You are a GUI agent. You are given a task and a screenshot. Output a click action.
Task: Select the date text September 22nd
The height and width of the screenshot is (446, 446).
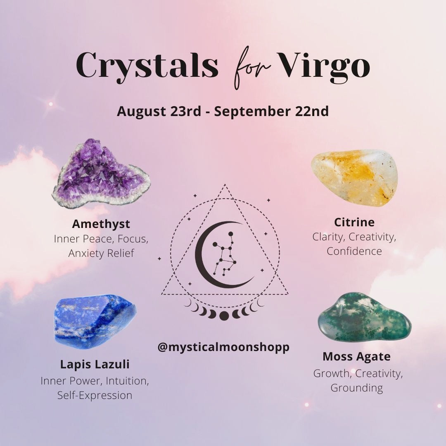coord(271,111)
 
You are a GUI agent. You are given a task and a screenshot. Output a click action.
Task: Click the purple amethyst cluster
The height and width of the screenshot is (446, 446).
coord(101,174)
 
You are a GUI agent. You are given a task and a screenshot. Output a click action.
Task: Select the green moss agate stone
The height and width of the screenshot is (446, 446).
coord(364,317)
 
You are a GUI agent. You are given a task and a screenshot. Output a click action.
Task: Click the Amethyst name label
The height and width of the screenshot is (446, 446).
coord(101,224)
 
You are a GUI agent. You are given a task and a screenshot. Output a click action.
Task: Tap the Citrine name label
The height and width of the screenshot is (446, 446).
coord(354,222)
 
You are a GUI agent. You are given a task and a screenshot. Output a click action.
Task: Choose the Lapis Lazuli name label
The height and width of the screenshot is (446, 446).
coord(95,364)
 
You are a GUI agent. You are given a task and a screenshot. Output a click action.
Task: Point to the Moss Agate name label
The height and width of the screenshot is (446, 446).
coord(356,357)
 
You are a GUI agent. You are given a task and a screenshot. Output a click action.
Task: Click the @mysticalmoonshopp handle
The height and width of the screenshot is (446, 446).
coord(223,347)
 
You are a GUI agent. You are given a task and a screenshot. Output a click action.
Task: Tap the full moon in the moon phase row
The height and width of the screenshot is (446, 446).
coord(224,316)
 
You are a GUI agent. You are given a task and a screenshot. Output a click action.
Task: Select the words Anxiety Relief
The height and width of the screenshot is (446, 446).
coord(101,253)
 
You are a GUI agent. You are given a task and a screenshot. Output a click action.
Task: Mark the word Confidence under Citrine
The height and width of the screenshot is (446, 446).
coord(354,251)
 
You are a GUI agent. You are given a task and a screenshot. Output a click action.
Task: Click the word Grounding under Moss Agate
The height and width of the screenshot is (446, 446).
coord(357,388)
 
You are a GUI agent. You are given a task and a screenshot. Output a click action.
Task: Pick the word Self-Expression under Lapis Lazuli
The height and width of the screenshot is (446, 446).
coord(95,395)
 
